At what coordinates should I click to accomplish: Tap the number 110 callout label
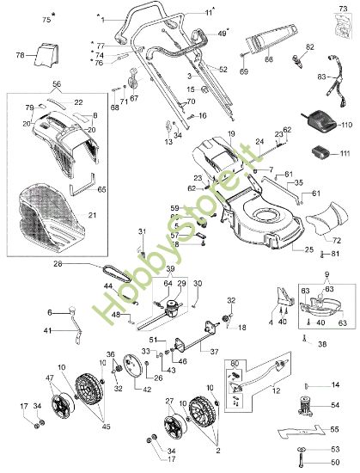347,125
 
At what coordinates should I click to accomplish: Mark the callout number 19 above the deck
231,135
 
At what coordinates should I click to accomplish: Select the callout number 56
58,85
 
